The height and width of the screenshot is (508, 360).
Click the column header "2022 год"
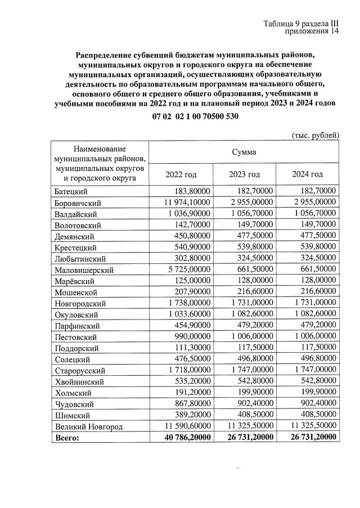(181, 174)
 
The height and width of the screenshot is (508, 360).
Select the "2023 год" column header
(245, 174)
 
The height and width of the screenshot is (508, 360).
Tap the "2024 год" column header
(308, 174)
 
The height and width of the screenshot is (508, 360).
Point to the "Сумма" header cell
(245, 152)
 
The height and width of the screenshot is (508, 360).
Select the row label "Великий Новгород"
(88, 426)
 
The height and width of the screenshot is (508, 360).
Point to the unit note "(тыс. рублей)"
(316, 135)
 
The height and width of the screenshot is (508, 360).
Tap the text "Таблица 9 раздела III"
(301, 23)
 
